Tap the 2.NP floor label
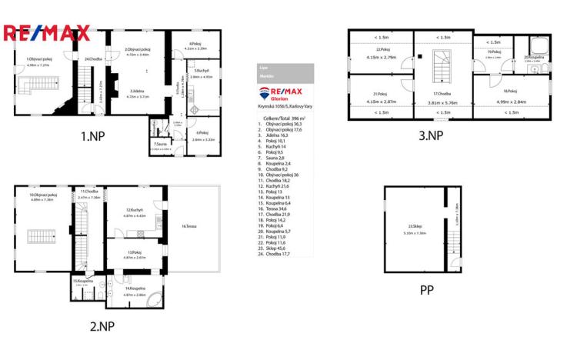[x=102, y=325]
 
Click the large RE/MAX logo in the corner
[x=47, y=34]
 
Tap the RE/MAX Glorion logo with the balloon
[x=285, y=94]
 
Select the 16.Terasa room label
[x=192, y=226]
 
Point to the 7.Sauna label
[x=160, y=144]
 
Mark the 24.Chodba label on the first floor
[x=94, y=59]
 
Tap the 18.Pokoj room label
[x=509, y=91]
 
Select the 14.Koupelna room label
[x=135, y=288]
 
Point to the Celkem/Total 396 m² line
[x=285, y=118]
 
